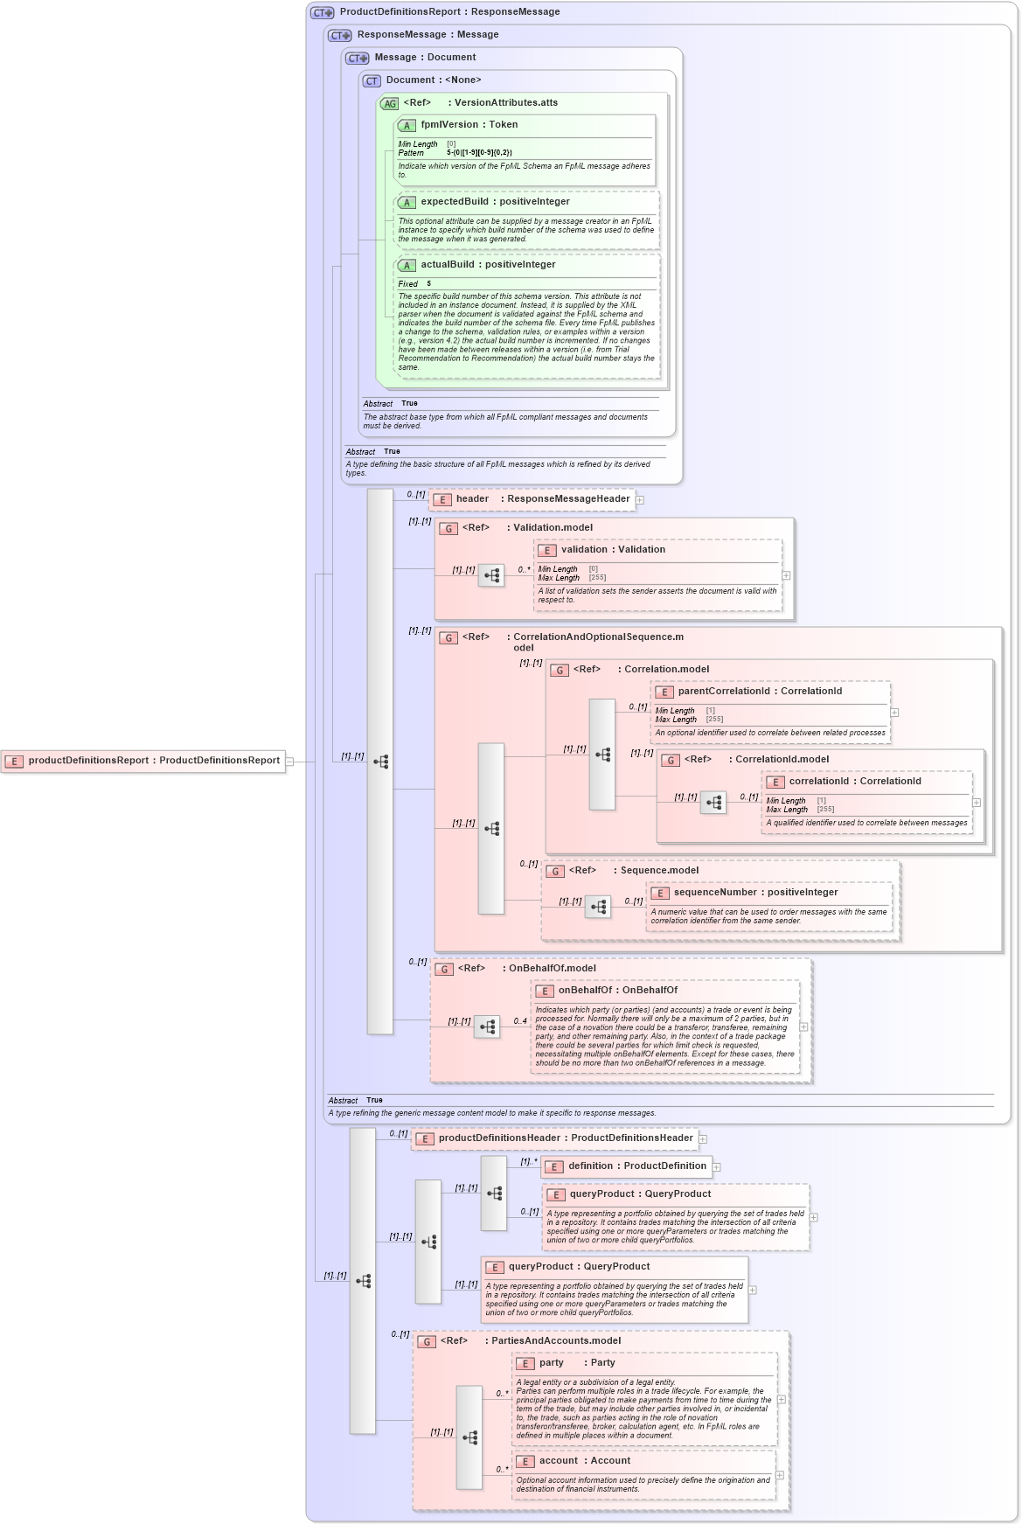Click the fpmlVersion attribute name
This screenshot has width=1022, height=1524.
[450, 125]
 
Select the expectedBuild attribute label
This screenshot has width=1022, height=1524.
[453, 202]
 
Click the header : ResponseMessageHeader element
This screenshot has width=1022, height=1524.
[542, 499]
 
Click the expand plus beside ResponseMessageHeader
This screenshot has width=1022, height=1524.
[640, 500]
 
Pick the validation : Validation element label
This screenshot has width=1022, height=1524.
[613, 550]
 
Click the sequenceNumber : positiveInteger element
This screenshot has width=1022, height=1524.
[755, 893]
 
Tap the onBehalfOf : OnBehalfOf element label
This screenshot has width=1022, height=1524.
[618, 991]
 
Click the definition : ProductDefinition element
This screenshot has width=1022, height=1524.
[637, 1166]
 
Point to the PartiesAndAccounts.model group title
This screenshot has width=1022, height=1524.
[556, 1341]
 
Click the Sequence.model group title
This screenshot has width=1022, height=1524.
[659, 871]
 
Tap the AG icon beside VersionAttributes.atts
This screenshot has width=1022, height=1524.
[389, 103]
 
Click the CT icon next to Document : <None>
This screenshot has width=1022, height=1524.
[372, 80]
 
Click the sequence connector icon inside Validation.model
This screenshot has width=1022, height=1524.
[491, 575]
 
